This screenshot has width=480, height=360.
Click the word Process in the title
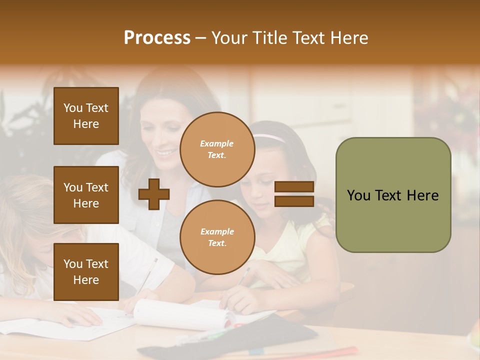click(157, 38)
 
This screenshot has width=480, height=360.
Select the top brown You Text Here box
click(86, 116)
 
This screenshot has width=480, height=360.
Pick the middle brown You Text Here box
click(86, 195)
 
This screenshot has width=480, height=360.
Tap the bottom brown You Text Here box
click(86, 271)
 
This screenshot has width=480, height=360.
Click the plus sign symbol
click(154, 194)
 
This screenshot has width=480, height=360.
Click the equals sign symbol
click(294, 194)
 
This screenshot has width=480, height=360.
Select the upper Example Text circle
click(217, 149)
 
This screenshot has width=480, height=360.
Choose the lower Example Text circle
click(217, 237)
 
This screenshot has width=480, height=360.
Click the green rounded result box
click(393, 195)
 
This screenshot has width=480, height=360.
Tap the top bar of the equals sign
click(294, 186)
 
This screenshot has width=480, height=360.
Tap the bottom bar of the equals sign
click(294, 201)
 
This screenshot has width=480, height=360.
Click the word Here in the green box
click(422, 195)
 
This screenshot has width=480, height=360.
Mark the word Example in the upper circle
click(217, 143)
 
